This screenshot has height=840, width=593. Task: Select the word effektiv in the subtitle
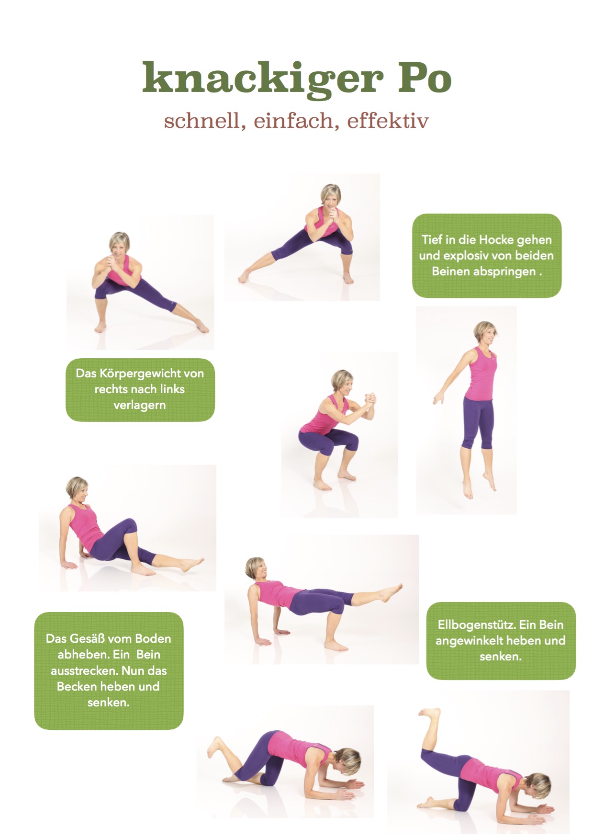tap(388, 121)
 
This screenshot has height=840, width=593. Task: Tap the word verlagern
tap(140, 405)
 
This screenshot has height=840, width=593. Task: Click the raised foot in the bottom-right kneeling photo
tap(429, 714)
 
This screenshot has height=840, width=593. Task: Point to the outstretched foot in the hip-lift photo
tap(392, 592)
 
